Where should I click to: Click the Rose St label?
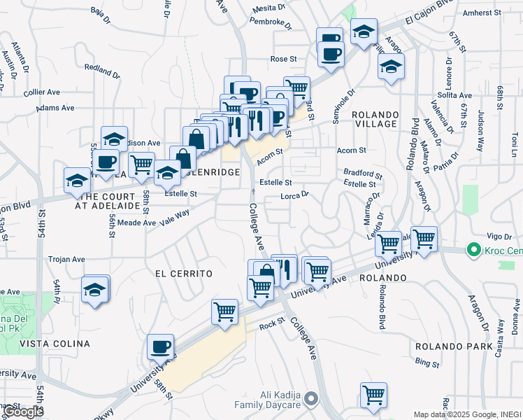[284, 59]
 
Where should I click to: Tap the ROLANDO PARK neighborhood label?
[444, 346]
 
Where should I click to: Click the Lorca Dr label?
[294, 197]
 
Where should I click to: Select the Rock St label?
[273, 325]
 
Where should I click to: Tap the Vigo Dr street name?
[494, 238]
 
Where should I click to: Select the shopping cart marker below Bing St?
[373, 394]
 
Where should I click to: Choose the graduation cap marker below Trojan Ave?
[95, 288]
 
